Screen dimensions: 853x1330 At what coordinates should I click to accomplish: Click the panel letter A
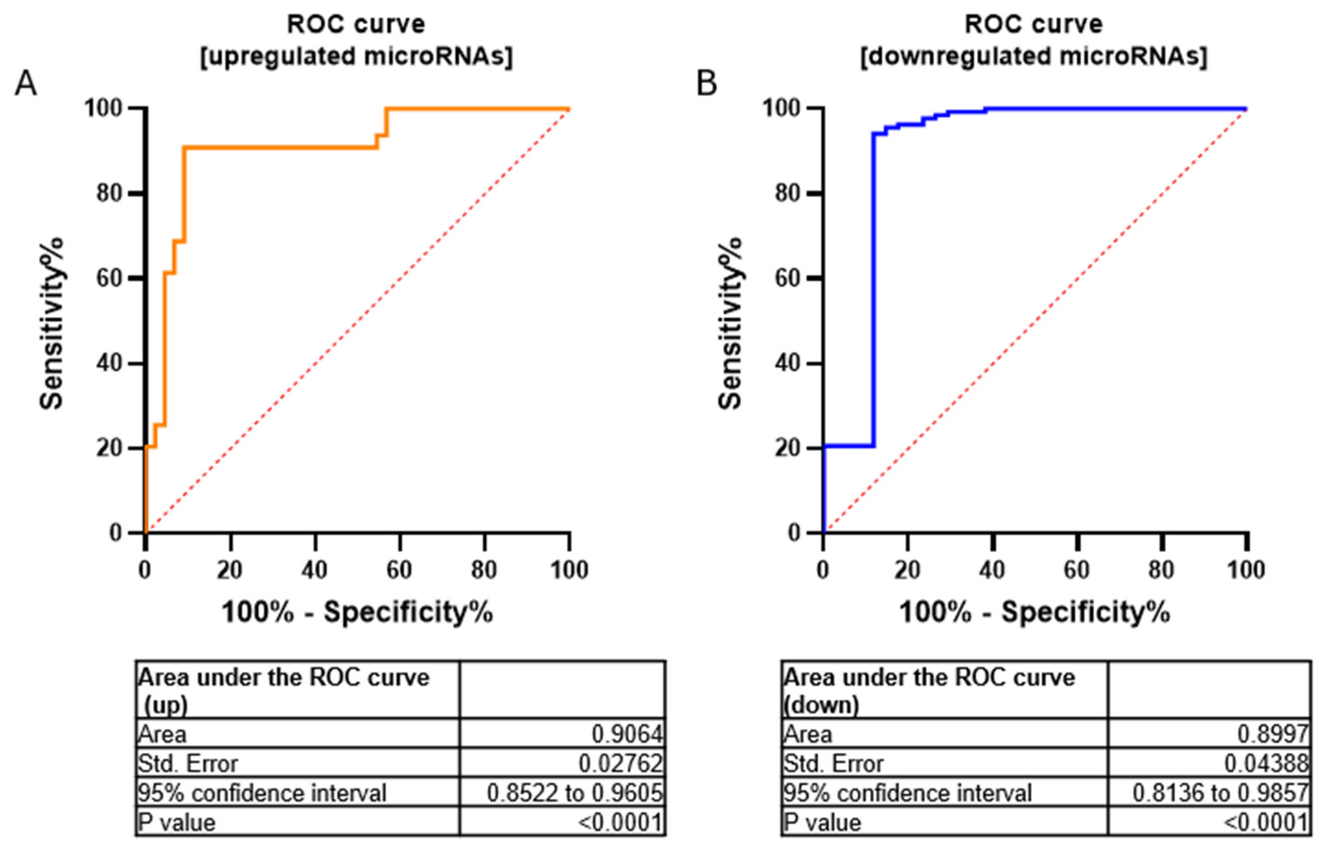[x=25, y=84]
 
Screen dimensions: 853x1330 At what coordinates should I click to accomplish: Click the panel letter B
[x=706, y=84]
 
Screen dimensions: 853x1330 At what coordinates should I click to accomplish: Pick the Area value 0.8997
[x=1273, y=734]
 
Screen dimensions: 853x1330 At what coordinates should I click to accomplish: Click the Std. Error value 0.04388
[x=1266, y=763]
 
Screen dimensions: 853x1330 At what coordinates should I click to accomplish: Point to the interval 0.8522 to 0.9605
[x=574, y=793]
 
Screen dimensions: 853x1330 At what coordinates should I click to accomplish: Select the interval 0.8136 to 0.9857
[x=1220, y=793]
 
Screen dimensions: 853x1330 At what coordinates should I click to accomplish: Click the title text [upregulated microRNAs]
[x=356, y=57]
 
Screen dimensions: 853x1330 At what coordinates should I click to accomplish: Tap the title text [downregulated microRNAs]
[x=1033, y=57]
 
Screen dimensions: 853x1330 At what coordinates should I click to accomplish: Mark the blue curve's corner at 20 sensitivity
[x=874, y=446]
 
